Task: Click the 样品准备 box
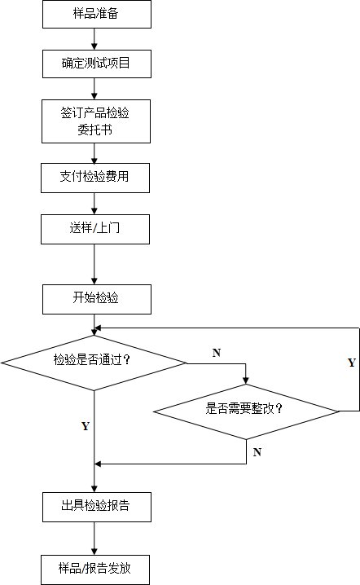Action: click(x=97, y=14)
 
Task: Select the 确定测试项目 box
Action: click(x=97, y=64)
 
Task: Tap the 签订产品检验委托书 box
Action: click(x=96, y=121)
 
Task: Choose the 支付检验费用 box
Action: click(x=95, y=178)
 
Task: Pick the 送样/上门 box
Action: click(x=95, y=230)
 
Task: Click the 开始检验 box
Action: click(x=97, y=299)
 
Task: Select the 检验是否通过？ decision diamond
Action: click(x=94, y=363)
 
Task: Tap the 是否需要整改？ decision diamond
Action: click(x=246, y=411)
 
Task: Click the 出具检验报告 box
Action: click(x=97, y=507)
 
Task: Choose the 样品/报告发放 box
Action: click(x=95, y=570)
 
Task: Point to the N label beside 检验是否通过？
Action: click(x=217, y=353)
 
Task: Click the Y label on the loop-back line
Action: click(x=351, y=363)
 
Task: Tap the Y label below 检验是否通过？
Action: click(x=86, y=426)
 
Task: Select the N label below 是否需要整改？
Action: click(x=257, y=452)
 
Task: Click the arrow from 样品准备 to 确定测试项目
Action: click(x=94, y=39)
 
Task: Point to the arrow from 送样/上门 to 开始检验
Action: click(x=94, y=265)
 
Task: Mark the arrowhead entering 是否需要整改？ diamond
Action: click(x=245, y=381)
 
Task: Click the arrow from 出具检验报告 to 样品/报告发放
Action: click(x=94, y=539)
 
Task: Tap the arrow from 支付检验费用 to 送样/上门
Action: click(x=94, y=204)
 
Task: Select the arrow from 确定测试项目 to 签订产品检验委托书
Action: click(x=94, y=89)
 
